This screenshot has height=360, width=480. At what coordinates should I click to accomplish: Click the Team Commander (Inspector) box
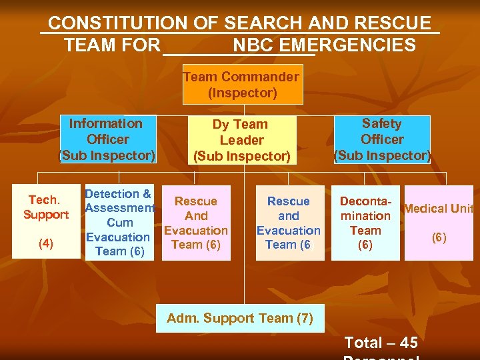(242, 85)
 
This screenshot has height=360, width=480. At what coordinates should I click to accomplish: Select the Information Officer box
(107, 139)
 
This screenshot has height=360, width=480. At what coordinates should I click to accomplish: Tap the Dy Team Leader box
(241, 140)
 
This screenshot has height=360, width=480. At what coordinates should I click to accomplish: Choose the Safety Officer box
(382, 139)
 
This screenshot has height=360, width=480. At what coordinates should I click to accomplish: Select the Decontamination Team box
(365, 223)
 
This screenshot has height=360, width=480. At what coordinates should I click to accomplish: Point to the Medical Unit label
(438, 209)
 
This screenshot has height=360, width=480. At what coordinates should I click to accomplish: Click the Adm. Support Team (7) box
(240, 318)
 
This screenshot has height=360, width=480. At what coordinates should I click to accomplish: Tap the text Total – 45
(381, 343)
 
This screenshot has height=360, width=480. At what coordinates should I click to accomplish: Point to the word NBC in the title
(254, 45)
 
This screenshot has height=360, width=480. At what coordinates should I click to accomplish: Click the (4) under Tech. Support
(46, 243)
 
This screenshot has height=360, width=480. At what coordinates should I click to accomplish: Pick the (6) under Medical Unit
(439, 237)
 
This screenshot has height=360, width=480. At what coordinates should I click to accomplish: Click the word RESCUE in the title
(393, 23)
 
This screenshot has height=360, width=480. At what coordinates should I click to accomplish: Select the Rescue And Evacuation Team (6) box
(196, 223)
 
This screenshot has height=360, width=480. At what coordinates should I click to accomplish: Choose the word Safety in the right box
(382, 123)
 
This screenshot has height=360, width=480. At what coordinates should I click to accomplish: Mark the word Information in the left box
(105, 123)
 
